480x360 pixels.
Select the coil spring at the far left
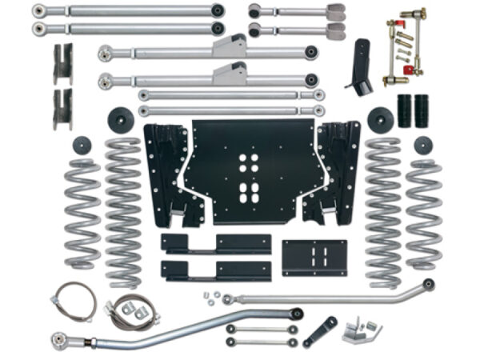(x=82, y=212)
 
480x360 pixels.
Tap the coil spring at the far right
(x=423, y=212)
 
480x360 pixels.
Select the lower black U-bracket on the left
(x=62, y=109)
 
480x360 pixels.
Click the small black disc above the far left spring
(x=82, y=146)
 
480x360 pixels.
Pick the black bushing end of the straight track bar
(x=429, y=284)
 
